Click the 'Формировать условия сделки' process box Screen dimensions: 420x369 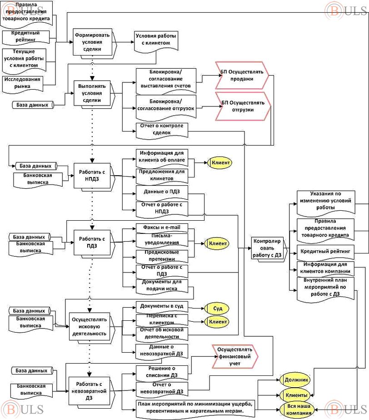tap(92, 42)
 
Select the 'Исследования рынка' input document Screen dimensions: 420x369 tap(29, 82)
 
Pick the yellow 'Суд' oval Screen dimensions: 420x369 tap(216, 308)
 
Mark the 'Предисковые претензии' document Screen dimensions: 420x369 tap(162, 255)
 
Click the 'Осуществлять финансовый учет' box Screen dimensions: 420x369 tap(234, 354)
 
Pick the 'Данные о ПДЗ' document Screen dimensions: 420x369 tap(162, 192)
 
